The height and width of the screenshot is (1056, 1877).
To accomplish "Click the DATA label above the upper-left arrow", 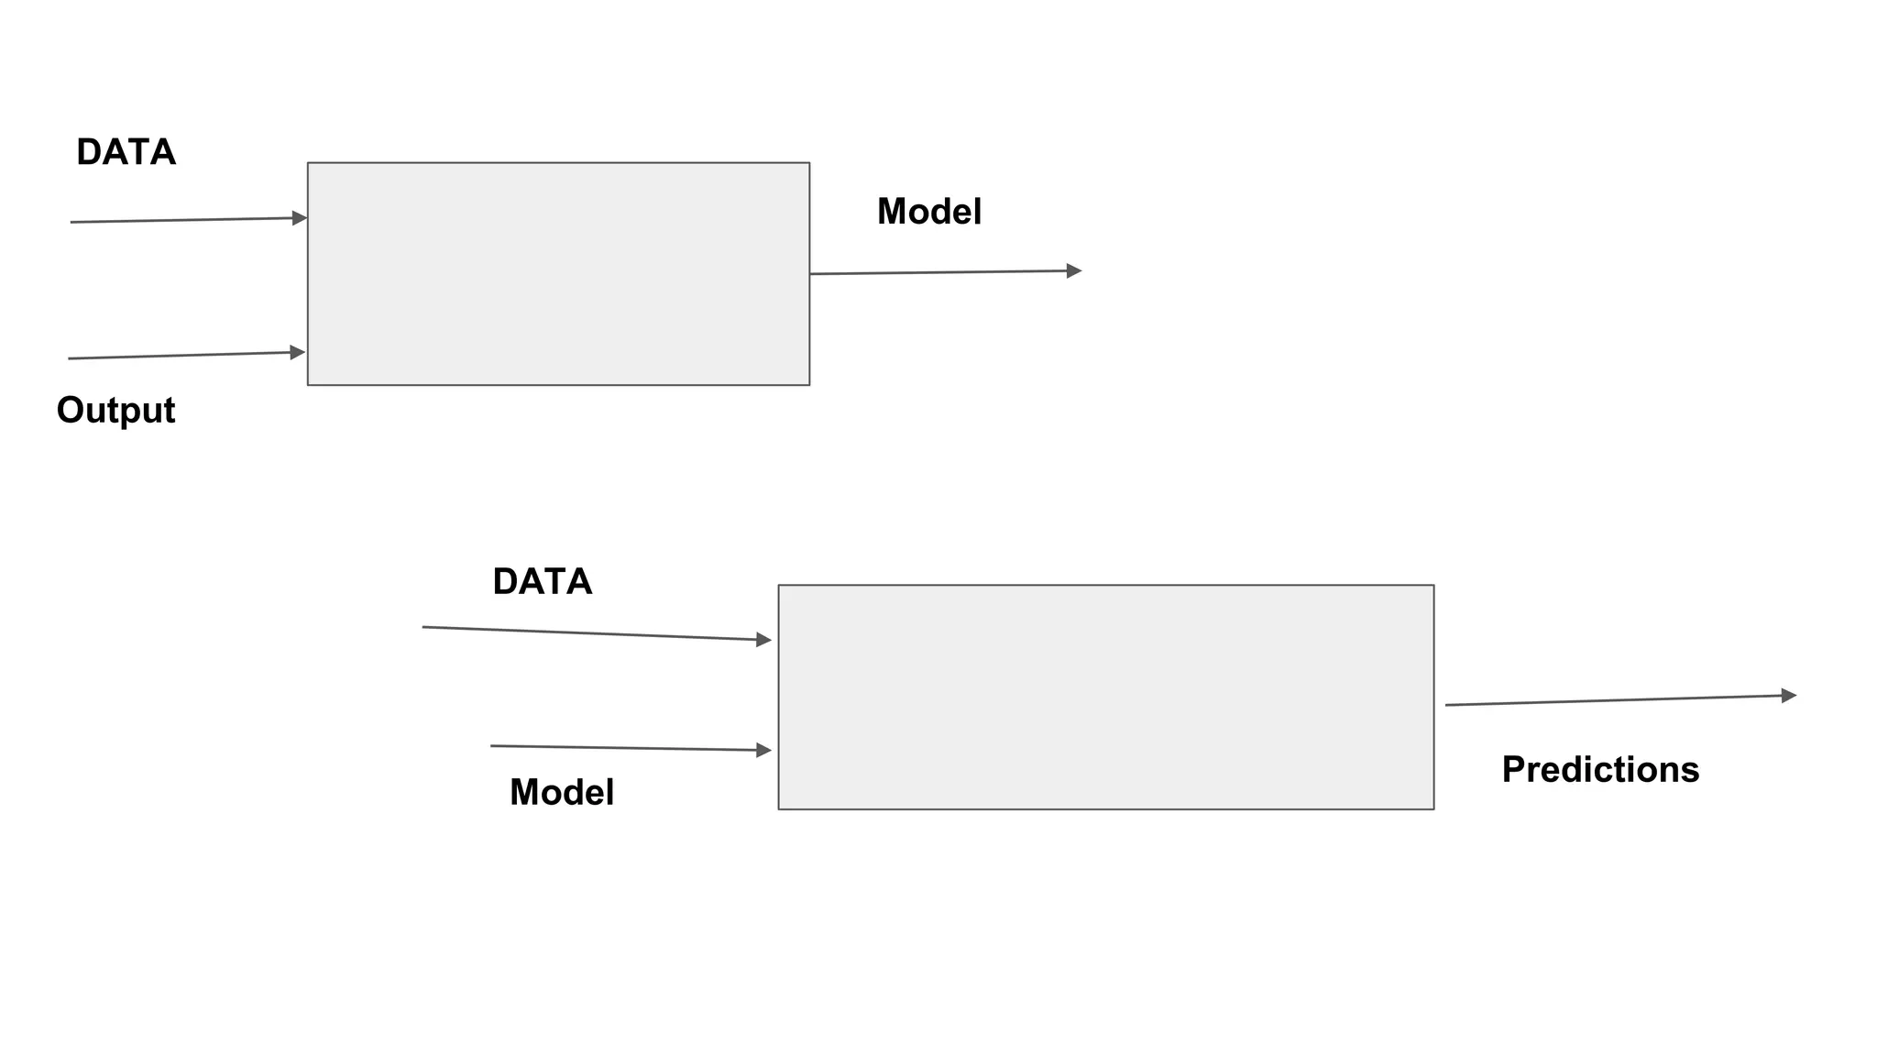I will pos(126,152).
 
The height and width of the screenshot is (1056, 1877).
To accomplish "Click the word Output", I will pos(115,410).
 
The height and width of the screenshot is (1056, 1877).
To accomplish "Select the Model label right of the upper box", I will pos(928,212).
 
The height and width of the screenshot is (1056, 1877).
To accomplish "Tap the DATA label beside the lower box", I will pos(542,582).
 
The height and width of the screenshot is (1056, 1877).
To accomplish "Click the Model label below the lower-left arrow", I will pos(561,792).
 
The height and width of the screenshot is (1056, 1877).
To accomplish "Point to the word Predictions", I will pos(1599,769).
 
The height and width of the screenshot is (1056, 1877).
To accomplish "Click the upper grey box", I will pos(558,274).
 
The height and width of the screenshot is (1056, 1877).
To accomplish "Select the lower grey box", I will pos(1105,697).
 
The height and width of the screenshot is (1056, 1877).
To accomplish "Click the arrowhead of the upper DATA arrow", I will pos(300,218).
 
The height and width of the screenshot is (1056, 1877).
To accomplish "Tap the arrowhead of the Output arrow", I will pos(298,352).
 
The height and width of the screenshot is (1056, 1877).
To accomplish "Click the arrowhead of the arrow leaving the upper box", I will pos(1074,271).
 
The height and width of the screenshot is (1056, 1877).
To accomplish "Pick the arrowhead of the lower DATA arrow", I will pos(763,640).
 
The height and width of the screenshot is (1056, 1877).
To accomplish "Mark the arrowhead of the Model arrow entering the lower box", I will pos(763,750).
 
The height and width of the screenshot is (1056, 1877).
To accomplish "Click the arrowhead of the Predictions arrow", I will pos(1788,696).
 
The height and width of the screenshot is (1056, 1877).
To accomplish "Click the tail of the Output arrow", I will pos(71,358).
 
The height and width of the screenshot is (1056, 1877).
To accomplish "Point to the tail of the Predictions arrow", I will pos(1448,705).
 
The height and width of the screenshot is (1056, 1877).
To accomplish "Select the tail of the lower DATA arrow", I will pos(424,627).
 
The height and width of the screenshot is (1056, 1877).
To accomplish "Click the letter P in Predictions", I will pos(1513,769).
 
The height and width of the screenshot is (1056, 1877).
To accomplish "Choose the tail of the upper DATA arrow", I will pos(72,222).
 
